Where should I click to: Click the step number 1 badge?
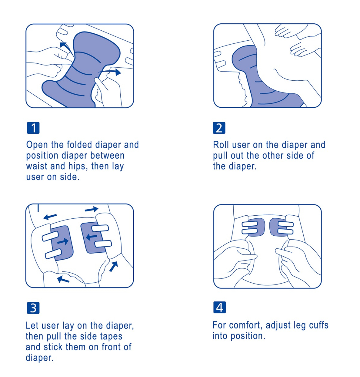click(33, 128)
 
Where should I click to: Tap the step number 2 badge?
click(219, 128)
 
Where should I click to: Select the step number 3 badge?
click(33, 308)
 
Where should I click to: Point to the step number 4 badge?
click(219, 307)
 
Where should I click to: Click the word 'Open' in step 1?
click(37, 145)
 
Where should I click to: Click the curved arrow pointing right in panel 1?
click(109, 72)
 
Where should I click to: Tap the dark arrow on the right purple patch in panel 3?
click(91, 237)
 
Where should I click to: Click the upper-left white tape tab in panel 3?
click(50, 236)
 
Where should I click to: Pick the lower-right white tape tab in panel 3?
click(104, 244)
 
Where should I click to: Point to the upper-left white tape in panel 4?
click(249, 224)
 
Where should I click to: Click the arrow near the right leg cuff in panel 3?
click(113, 267)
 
